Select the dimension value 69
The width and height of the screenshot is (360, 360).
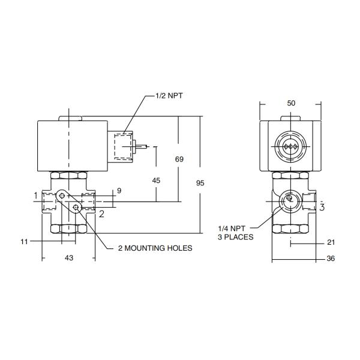pos(179,160)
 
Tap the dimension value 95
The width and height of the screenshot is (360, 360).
pos(200,183)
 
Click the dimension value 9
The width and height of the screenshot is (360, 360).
pos(119,191)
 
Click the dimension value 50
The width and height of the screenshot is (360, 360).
pos(291,103)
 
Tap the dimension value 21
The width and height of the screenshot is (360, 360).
pos(331,243)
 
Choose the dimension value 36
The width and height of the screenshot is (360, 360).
pos(331,259)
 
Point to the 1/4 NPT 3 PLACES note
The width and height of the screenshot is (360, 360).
pos(235,232)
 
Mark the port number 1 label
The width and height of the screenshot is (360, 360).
pos(36,196)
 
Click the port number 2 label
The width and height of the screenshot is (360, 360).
pos(102,212)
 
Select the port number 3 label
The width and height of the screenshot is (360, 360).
pos(322,208)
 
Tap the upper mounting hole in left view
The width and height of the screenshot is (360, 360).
pos(62,196)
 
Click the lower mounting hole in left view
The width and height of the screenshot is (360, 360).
pos(76,208)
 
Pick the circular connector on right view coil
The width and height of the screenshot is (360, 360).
pos(290,146)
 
